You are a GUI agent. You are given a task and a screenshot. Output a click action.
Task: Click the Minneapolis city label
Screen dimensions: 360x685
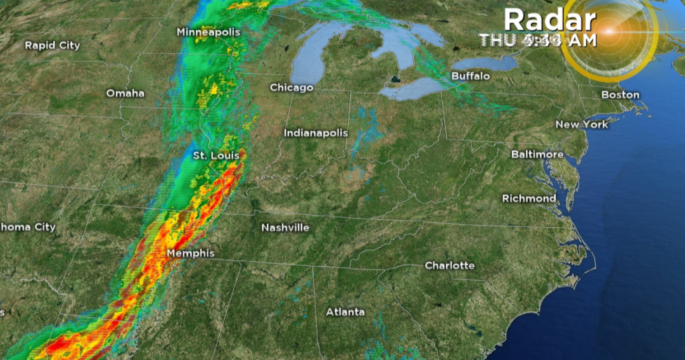(x=209, y=32)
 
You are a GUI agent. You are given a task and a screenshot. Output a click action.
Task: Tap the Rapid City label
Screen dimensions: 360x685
(x=53, y=45)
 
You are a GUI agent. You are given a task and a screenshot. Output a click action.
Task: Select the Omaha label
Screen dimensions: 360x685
(x=125, y=93)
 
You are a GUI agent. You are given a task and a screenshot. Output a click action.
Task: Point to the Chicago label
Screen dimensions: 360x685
(x=291, y=87)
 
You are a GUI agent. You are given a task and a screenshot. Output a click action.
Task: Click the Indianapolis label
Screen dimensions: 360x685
(x=316, y=133)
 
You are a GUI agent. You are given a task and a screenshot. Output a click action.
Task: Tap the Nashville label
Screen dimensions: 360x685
(x=285, y=227)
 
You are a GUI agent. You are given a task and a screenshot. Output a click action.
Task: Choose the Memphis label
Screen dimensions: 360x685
(x=190, y=254)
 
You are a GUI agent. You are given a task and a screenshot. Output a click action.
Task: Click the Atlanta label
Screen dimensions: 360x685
(x=345, y=312)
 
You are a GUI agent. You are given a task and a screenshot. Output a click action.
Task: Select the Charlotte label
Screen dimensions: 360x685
(x=449, y=265)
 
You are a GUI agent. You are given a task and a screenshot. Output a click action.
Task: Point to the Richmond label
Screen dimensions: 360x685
(x=529, y=198)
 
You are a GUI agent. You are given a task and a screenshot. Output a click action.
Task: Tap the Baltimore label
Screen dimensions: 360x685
(x=537, y=155)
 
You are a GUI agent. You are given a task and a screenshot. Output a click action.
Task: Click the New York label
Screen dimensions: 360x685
(x=582, y=124)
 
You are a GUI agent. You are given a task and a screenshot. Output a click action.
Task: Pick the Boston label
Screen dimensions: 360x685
(x=620, y=94)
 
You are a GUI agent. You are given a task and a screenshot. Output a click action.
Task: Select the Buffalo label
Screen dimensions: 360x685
(x=471, y=76)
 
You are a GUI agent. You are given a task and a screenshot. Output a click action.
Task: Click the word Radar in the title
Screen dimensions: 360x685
(x=549, y=20)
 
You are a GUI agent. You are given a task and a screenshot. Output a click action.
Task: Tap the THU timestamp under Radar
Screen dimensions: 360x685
(x=537, y=41)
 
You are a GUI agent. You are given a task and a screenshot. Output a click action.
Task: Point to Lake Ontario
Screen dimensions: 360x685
(x=485, y=63)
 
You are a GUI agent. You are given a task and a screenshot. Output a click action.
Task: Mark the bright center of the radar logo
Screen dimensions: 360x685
(x=610, y=30)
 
